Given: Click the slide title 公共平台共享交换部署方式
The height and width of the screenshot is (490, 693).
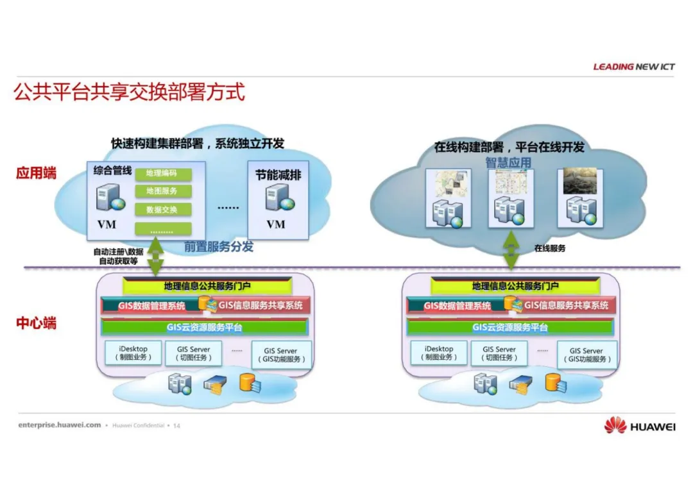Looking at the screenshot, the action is pyautogui.click(x=129, y=92).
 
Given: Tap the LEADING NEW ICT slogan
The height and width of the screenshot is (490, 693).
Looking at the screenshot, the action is pyautogui.click(x=634, y=67).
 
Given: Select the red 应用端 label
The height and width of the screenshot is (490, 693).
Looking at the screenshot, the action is pyautogui.click(x=36, y=173).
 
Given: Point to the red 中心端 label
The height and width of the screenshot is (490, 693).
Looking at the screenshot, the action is pyautogui.click(x=36, y=323).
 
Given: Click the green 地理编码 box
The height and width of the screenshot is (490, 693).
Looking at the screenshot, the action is pyautogui.click(x=162, y=173).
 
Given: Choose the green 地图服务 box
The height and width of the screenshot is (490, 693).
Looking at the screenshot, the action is pyautogui.click(x=162, y=191).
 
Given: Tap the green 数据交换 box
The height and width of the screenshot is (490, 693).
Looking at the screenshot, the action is pyautogui.click(x=162, y=210).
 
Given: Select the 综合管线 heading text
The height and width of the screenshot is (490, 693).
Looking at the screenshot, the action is pyautogui.click(x=112, y=171).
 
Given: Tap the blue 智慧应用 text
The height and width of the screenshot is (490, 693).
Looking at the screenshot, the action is pyautogui.click(x=508, y=162).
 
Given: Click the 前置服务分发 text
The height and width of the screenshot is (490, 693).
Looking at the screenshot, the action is pyautogui.click(x=219, y=246).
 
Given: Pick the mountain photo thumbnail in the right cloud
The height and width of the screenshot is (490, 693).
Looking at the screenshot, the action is pyautogui.click(x=580, y=182).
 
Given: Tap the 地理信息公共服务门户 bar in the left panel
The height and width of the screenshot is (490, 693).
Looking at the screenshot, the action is pyautogui.click(x=208, y=286).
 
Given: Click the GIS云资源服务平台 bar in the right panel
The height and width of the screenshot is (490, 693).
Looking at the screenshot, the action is pyautogui.click(x=511, y=328).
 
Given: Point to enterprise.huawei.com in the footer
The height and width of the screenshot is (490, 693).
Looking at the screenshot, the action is pyautogui.click(x=60, y=425).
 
